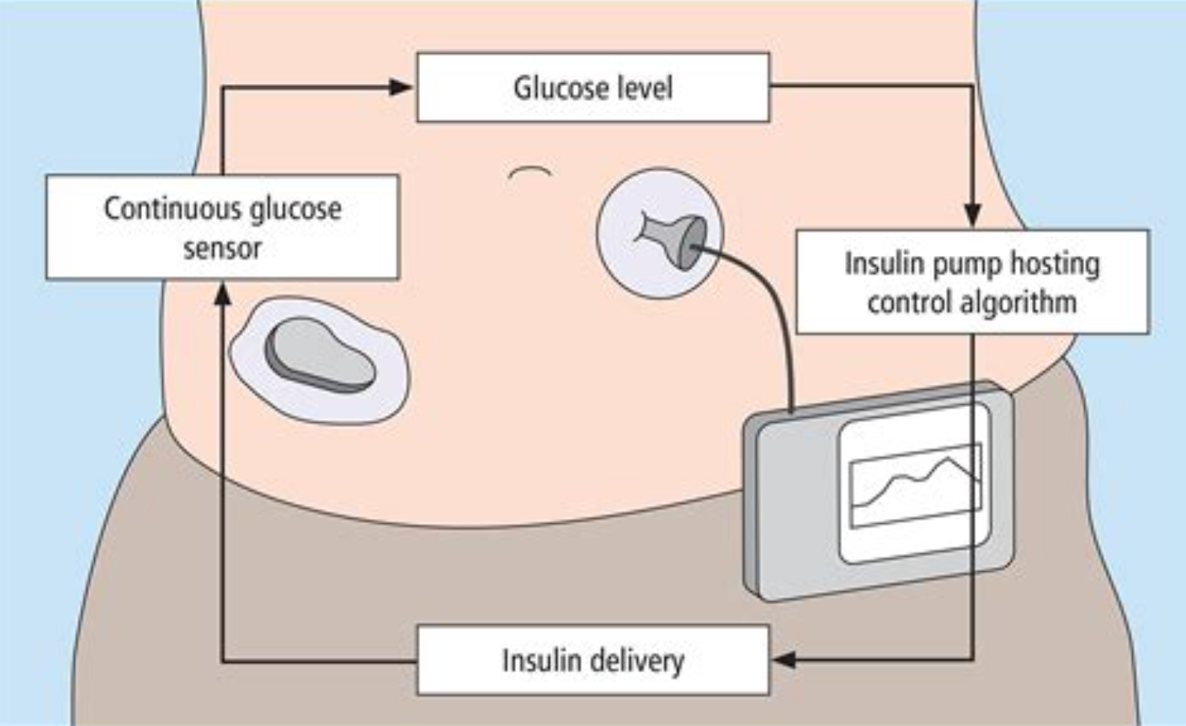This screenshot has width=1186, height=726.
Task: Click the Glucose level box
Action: [592, 88]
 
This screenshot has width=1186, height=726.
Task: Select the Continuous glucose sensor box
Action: [222, 228]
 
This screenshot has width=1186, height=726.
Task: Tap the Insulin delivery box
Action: [592, 660]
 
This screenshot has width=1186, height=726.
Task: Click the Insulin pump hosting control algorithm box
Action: [972, 282]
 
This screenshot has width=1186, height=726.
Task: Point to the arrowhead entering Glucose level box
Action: [401, 88]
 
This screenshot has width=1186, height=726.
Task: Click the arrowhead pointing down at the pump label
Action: [972, 216]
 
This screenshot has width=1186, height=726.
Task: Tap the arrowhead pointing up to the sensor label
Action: [222, 294]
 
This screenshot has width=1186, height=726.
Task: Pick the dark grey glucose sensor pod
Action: [320, 356]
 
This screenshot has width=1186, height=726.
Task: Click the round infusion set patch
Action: [660, 233]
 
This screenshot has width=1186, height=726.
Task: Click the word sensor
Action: [222, 248]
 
